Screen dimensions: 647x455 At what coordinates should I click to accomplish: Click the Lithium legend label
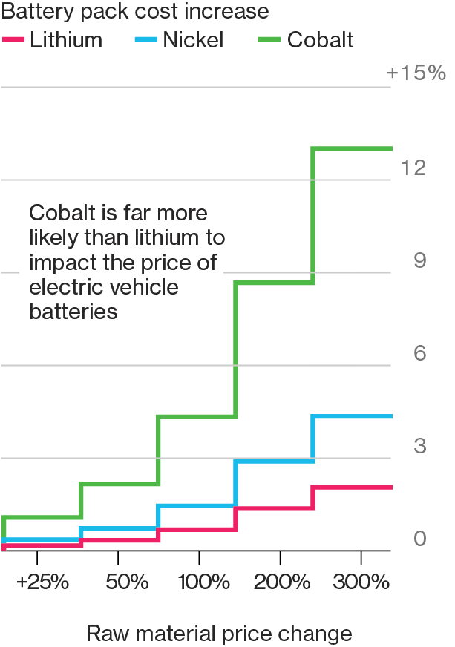click(66, 39)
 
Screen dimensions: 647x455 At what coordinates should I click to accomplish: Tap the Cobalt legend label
click(321, 39)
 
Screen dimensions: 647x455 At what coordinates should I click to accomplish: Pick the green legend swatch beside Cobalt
click(272, 39)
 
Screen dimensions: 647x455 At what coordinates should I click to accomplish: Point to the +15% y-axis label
click(416, 73)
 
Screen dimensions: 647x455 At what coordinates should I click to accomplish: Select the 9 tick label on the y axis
click(419, 261)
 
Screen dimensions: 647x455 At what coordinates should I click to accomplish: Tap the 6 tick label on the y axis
click(419, 354)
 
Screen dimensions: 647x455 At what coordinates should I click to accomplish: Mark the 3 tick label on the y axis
click(419, 447)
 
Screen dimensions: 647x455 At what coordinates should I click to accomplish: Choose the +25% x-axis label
click(42, 582)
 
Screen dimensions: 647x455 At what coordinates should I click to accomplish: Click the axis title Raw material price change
click(219, 634)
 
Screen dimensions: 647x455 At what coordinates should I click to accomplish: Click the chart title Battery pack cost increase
click(135, 12)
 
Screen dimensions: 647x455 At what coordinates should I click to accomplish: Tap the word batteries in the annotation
click(73, 312)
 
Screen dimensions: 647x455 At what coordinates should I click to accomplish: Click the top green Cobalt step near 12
click(353, 149)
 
